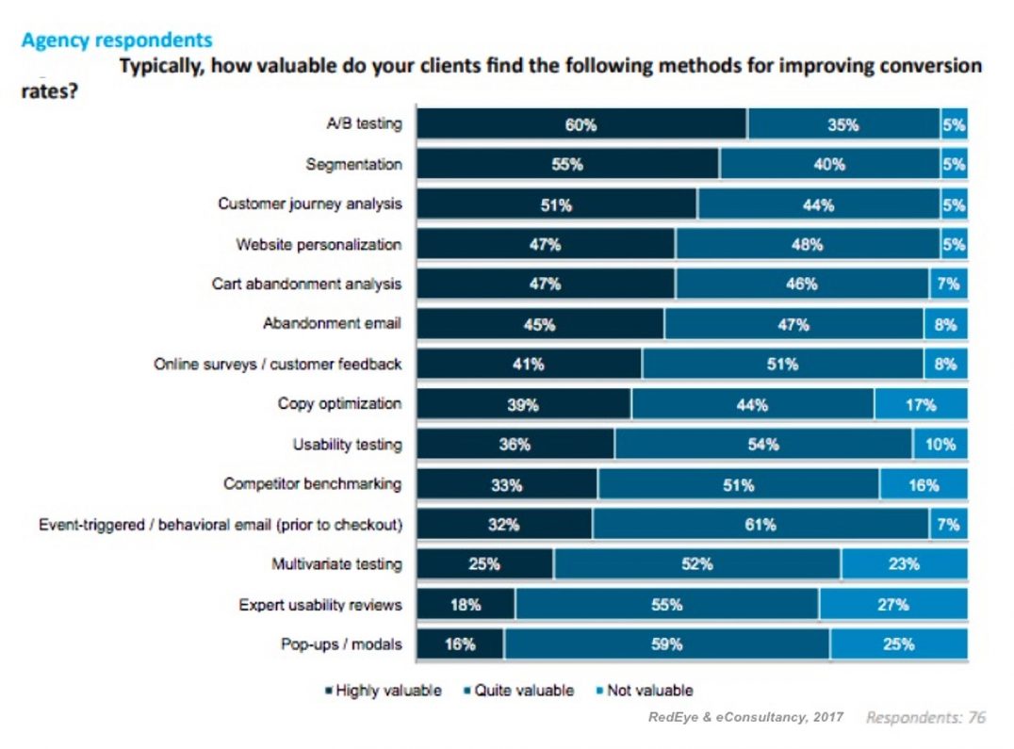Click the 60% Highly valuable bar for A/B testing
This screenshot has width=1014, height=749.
coord(581,124)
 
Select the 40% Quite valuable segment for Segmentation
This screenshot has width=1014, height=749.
coord(829,164)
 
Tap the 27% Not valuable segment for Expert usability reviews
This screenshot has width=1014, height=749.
coord(892,605)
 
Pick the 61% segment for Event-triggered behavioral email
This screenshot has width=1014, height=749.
coord(760,525)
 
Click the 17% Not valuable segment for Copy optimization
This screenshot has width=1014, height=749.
coord(921,405)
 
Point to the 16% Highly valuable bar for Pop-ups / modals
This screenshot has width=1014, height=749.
coord(460,644)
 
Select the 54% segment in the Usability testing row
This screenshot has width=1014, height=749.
coord(762,445)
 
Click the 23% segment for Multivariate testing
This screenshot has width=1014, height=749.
coord(904,564)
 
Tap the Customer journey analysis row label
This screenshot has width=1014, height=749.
coord(309,204)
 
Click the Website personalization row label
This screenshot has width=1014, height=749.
coord(319,244)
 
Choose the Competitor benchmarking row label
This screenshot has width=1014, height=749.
coord(312,483)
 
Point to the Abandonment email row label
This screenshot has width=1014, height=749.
coord(332,323)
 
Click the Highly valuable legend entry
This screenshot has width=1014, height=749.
coord(383,691)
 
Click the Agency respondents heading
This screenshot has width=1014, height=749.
coord(116,41)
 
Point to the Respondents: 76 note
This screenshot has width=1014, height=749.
coord(925,718)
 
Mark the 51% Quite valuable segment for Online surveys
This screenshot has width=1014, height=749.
coord(782,365)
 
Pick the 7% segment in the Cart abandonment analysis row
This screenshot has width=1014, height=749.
coord(946,284)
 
